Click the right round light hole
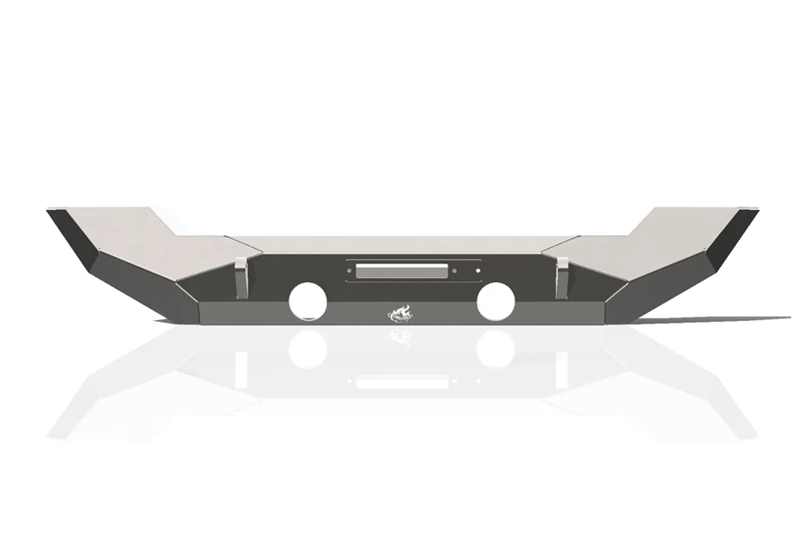tap(495, 300)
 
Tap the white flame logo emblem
tap(401, 313)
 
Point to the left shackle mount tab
tap(241, 277)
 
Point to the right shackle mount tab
tap(561, 277)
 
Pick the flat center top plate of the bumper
tap(401, 244)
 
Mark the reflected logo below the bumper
tap(401, 335)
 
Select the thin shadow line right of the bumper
tap(722, 319)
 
